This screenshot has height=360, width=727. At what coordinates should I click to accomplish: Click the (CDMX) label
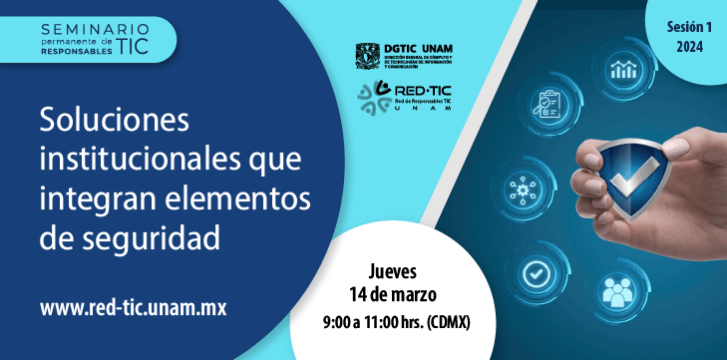[449, 323]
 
